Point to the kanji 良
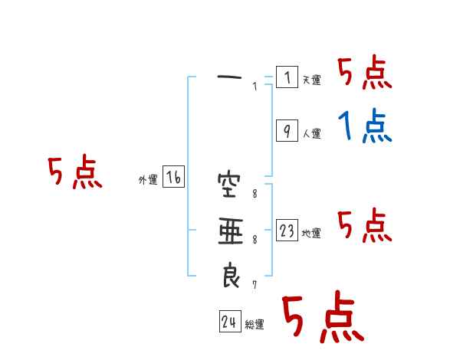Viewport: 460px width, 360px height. pos(230,275)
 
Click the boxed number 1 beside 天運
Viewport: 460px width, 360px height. pos(287,77)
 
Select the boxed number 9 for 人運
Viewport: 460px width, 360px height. pos(287,131)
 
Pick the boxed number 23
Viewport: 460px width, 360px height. pos(287,231)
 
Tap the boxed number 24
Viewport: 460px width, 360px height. pos(229,322)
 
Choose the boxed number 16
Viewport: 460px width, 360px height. pos(173,178)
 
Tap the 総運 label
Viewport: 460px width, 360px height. pos(255,325)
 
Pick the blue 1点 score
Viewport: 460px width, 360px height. pos(365,126)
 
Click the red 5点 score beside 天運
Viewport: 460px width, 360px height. pos(365,74)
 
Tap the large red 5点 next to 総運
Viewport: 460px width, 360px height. pos(322,317)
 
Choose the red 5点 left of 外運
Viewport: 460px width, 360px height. pos(74,173)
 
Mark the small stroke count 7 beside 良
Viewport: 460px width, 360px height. pos(255,285)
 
